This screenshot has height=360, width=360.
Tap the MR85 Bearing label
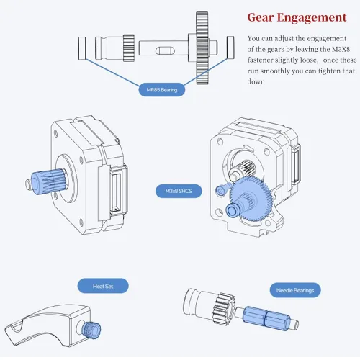161,91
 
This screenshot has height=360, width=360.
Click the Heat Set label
103,287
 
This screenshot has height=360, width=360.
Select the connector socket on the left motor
116,191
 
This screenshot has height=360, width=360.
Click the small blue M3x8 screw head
222,189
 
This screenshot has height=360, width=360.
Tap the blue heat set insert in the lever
91,328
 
